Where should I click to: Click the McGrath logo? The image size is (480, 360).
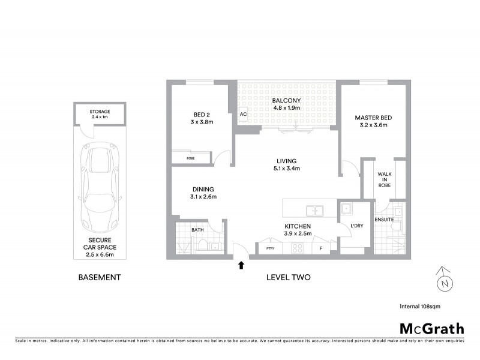pyautogui.click(x=431, y=328)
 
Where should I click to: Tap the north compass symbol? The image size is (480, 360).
pyautogui.click(x=443, y=280)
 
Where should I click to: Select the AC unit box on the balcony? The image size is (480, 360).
pyautogui.click(x=243, y=114)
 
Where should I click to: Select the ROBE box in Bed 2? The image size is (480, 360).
pyautogui.click(x=191, y=158)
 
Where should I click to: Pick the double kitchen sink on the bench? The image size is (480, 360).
pyautogui.click(x=314, y=211)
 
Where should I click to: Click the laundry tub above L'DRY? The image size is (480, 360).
pyautogui.click(x=346, y=209)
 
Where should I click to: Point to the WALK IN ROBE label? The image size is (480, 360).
pyautogui.click(x=385, y=179)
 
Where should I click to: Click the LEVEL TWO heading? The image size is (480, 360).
pyautogui.click(x=288, y=278)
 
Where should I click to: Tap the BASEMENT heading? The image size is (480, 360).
pyautogui.click(x=100, y=278)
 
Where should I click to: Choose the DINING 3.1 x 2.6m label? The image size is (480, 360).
pyautogui.click(x=203, y=193)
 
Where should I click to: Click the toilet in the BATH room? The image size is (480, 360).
pyautogui.click(x=203, y=245)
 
